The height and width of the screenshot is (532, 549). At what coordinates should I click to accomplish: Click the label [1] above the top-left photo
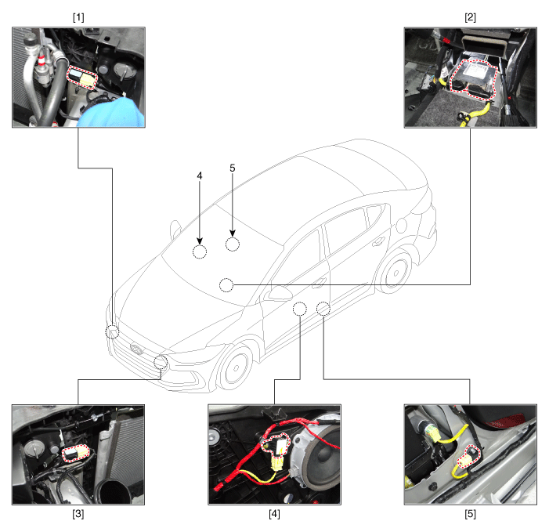tap(78, 17)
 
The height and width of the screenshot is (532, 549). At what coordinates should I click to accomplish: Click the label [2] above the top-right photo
tap(470, 17)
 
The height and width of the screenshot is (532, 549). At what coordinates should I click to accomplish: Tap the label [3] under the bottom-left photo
tap(78, 514)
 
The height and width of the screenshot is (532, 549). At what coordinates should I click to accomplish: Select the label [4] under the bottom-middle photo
tap(274, 514)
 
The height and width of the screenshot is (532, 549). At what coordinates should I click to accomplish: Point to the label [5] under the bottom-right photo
tap(470, 514)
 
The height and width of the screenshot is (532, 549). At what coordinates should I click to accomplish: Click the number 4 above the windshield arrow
tap(200, 176)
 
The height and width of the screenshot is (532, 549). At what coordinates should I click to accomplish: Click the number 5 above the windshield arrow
tap(233, 168)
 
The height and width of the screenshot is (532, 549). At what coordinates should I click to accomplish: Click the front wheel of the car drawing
tap(235, 367)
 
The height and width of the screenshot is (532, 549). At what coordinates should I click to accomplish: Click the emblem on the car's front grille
tap(136, 349)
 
